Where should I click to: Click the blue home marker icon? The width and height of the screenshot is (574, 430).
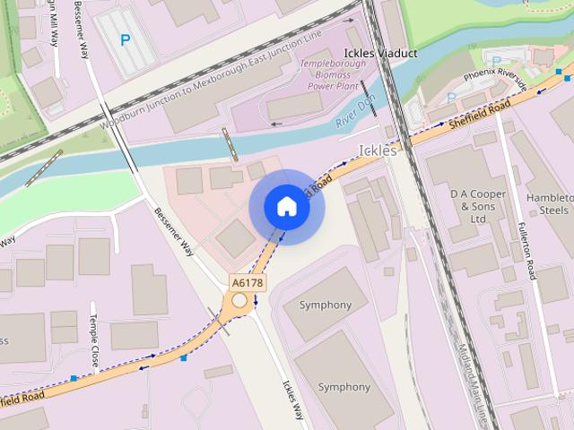(x=286, y=207)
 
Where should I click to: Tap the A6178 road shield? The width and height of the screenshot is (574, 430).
(x=248, y=282)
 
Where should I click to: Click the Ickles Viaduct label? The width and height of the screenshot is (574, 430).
(x=381, y=54)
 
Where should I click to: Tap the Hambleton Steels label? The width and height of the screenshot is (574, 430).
(x=549, y=203)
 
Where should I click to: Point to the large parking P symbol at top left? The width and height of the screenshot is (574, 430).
(x=126, y=39)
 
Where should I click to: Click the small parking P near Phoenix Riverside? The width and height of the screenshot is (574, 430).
(x=450, y=97)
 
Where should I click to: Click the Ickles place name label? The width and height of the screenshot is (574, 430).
(x=377, y=150)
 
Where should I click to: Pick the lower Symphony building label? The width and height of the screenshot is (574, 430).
(x=344, y=387)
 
